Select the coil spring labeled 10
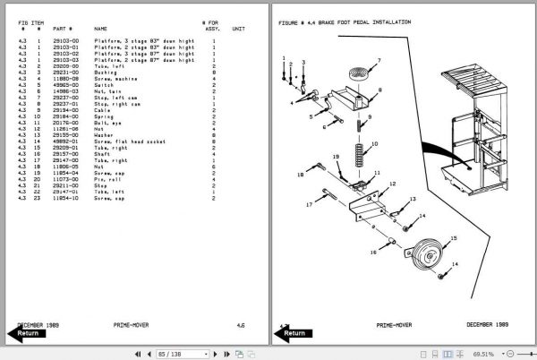click(x=360, y=144)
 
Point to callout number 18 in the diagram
click(x=300, y=176)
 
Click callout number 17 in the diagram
click(x=308, y=204)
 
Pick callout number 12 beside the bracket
click(x=391, y=183)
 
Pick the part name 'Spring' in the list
click(x=105, y=116)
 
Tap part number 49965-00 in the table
click(x=64, y=85)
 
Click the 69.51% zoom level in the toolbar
click(x=485, y=354)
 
